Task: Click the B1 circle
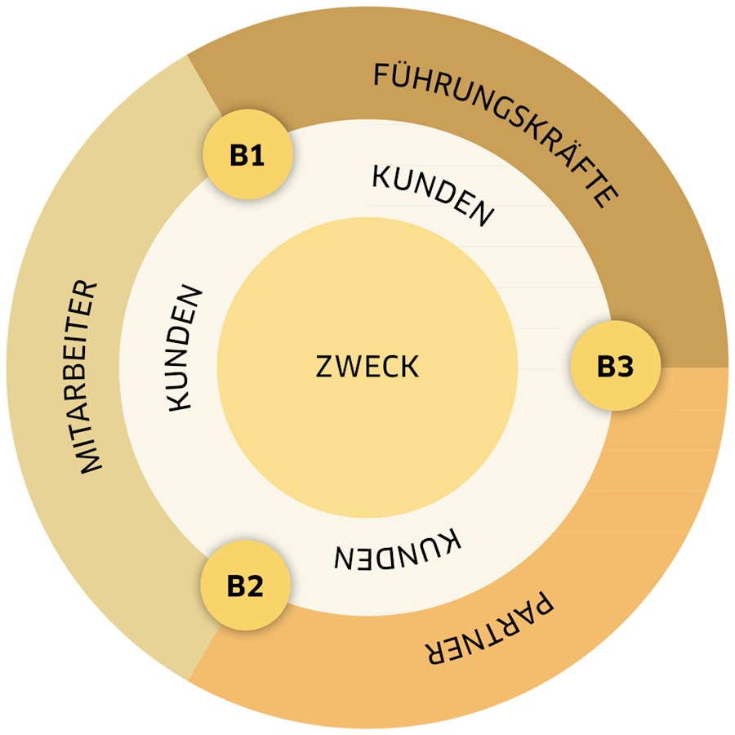click(x=248, y=154)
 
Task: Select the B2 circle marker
click(x=246, y=586)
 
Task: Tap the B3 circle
click(x=616, y=366)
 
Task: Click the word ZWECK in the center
click(x=367, y=367)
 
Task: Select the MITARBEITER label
click(x=88, y=377)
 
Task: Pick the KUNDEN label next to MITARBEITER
click(x=185, y=348)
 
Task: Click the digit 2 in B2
click(x=255, y=586)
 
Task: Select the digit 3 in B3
click(x=625, y=366)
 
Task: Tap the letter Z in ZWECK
click(x=324, y=367)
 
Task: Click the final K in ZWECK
click(x=410, y=367)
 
